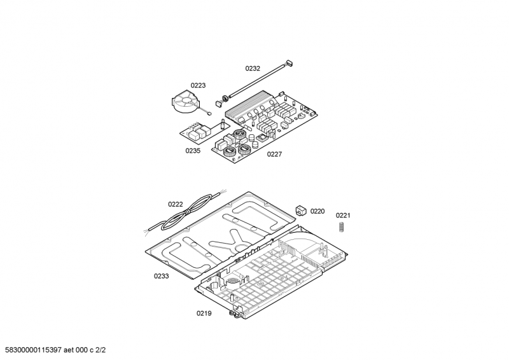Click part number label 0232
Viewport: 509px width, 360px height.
253,68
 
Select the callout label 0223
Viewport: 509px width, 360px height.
198,85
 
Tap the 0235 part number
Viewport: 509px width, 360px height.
193,151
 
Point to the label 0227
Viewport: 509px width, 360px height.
274,154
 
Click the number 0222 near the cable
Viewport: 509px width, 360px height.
176,204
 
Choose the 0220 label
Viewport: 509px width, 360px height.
317,211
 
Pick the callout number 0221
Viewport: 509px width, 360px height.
343,215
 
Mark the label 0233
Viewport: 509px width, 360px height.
162,276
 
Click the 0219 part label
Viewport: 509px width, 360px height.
204,314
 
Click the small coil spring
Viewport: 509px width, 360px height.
341,226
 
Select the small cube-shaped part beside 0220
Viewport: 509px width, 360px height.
301,211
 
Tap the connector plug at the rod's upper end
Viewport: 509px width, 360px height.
289,63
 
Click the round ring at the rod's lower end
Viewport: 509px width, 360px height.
224,98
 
